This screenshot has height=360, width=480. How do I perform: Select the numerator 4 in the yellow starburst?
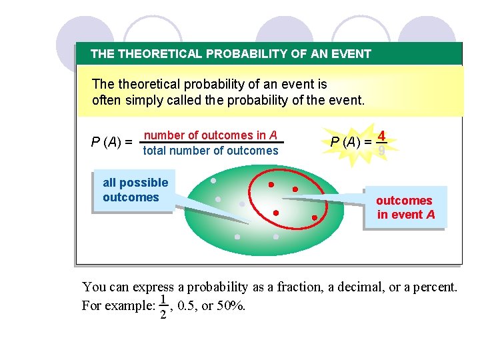pos(381,135)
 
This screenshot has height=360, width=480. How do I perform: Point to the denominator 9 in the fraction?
pos(381,151)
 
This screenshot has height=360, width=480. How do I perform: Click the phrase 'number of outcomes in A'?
pos(211,135)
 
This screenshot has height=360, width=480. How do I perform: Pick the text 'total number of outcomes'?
pos(211,151)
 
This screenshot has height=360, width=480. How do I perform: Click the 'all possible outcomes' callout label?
pos(135,190)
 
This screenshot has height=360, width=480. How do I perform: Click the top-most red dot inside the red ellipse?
pos(271,185)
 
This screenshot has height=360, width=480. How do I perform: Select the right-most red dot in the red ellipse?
pos(315,217)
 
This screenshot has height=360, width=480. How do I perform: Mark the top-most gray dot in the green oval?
pos(213,181)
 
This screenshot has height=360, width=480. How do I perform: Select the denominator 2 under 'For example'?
pos(162,315)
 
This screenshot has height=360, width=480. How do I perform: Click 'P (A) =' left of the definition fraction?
pos(111,142)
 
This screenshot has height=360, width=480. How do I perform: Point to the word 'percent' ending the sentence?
pos(435,287)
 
